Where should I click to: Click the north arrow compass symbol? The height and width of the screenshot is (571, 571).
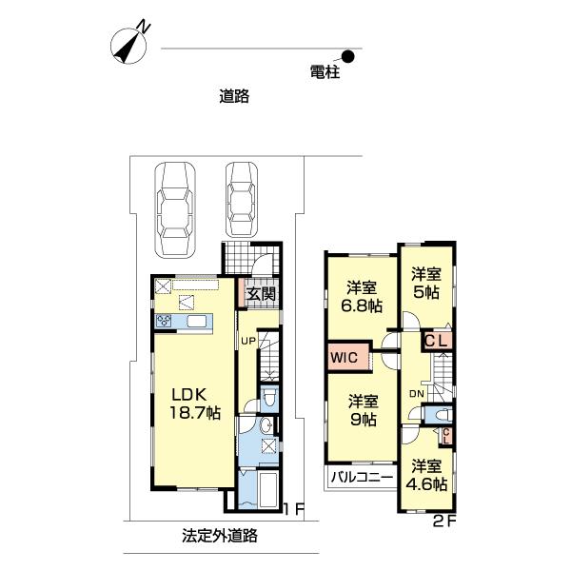coord(129,45)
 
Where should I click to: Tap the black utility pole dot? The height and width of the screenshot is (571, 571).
coord(349,56)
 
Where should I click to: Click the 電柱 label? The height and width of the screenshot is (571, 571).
coord(325,72)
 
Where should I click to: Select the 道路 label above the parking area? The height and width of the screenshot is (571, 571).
coord(234,96)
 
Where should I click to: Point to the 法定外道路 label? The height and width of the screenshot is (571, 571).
coord(220,535)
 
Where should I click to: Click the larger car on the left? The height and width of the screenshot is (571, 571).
coord(175,210)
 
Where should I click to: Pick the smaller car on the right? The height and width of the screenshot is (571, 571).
coord(241,200)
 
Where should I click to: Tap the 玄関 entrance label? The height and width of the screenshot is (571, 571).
coord(261,294)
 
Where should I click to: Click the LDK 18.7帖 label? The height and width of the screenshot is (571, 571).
coord(195,404)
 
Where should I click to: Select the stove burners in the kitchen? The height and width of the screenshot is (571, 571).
coord(164,321)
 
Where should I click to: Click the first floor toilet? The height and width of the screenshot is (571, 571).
coord(270,399)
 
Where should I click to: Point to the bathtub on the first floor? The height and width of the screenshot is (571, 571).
coord(268,489)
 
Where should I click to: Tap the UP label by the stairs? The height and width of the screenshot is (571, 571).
coord(248,342)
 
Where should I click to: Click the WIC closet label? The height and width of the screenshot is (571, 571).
coord(345,357)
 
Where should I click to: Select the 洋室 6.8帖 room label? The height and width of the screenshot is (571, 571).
coord(362,297)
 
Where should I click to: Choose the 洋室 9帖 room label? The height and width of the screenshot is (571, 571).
coord(364,410)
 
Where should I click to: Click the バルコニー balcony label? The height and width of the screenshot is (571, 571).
coord(362,477)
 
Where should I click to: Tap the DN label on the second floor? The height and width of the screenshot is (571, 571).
coord(417,393)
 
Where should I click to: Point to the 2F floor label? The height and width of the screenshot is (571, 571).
coord(444,522)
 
